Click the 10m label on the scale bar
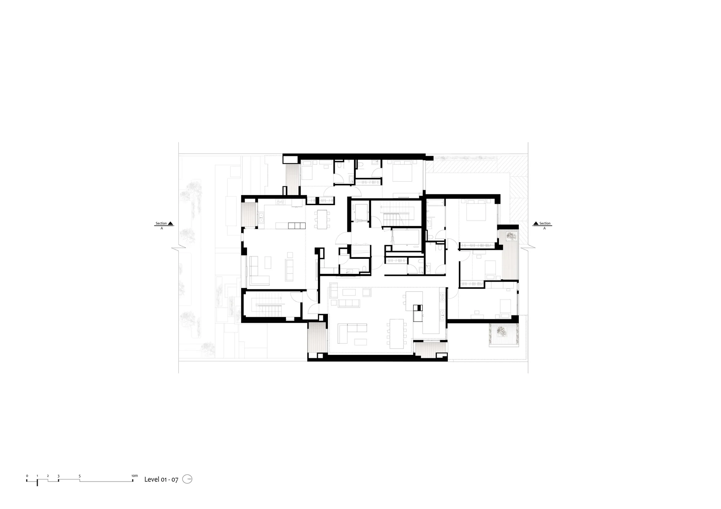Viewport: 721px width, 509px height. pyautogui.click(x=134, y=476)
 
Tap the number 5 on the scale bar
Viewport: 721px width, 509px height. pyautogui.click(x=80, y=476)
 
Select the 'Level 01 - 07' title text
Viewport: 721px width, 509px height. pyautogui.click(x=161, y=479)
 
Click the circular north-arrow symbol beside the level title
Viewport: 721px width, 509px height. pyautogui.click(x=187, y=479)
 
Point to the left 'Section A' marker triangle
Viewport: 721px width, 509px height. pyautogui.click(x=171, y=223)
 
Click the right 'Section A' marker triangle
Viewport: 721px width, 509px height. pyautogui.click(x=536, y=223)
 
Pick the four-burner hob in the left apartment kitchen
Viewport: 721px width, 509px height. pyautogui.click(x=280, y=202)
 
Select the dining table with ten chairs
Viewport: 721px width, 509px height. pyautogui.click(x=397, y=334)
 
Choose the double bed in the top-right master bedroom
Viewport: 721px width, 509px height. pyautogui.click(x=477, y=210)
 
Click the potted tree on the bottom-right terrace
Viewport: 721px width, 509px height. pyautogui.click(x=501, y=330)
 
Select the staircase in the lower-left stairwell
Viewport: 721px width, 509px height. pyautogui.click(x=269, y=305)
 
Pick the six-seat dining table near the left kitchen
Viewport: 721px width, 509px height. pyautogui.click(x=322, y=219)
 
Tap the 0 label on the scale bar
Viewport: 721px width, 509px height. pyautogui.click(x=27, y=476)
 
